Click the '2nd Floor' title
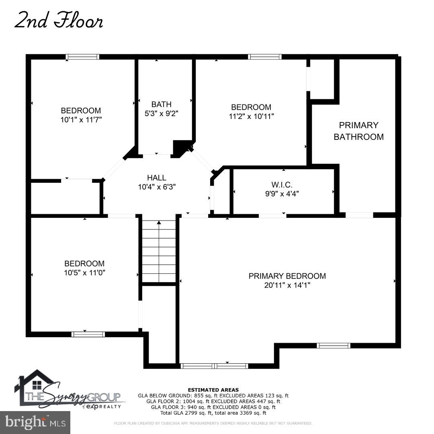click(58, 20)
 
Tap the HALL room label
click(156, 178)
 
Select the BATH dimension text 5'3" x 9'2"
click(162, 113)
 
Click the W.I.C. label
click(282, 184)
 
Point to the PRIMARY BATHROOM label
click(359, 131)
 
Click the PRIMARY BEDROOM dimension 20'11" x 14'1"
click(287, 285)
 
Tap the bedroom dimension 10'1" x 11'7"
click(81, 120)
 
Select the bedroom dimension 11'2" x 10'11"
click(251, 116)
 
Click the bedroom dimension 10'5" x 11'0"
click(84, 273)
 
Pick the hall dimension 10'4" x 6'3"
click(157, 187)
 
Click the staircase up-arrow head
click(159, 222)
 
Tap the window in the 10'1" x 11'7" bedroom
click(82, 57)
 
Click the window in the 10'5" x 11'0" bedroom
click(88, 334)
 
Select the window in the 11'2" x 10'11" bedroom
click(264, 57)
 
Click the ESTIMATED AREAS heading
click(213, 390)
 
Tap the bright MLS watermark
click(35, 422)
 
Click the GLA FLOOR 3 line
click(213, 407)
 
